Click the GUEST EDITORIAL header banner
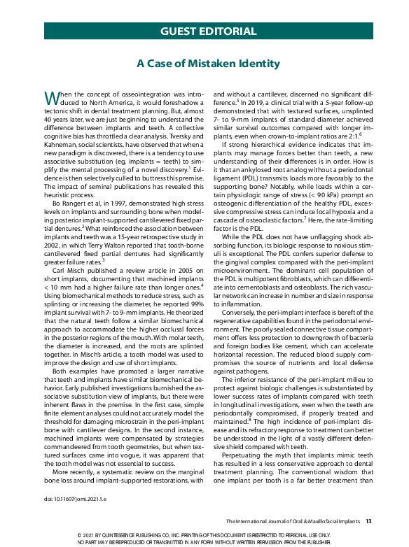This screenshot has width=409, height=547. pos(208,31)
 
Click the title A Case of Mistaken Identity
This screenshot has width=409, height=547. pos(208,64)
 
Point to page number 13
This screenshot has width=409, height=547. pos(368,522)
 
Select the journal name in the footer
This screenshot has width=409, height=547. pos(293,522)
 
